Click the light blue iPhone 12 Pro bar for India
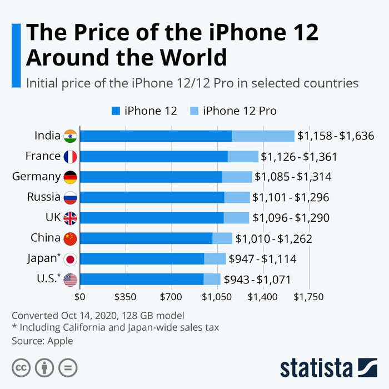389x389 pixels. [x=263, y=136]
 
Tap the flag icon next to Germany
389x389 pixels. [x=71, y=177]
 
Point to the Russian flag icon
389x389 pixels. [x=71, y=197]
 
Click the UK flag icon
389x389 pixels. [x=71, y=218]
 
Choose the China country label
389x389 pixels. [x=46, y=238]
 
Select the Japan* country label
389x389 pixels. [x=44, y=258]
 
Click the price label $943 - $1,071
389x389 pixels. [x=257, y=280]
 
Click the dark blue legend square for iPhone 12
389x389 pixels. [x=116, y=111]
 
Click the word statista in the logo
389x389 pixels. [x=316, y=368]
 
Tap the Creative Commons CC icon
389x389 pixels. [x=22, y=367]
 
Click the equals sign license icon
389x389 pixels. [x=68, y=367]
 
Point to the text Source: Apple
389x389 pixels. [x=42, y=341]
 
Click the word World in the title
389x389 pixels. [x=189, y=57]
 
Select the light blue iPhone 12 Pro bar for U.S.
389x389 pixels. [x=212, y=280]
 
